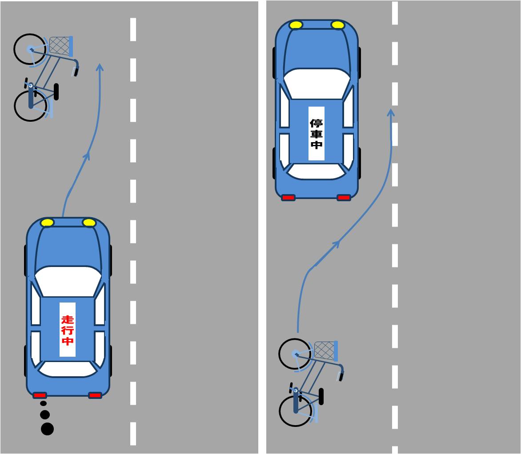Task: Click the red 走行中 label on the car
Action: pos(68,330)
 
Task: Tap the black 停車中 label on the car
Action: pos(317,134)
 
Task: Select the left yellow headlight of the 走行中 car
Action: pos(47,223)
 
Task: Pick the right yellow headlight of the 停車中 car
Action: pos(338,25)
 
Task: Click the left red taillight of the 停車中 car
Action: pos(288,198)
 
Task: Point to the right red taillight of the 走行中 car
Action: pos(95,395)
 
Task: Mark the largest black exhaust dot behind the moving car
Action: pos(47,429)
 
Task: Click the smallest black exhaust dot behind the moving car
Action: pos(43,403)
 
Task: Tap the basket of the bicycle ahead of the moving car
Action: pos(60,45)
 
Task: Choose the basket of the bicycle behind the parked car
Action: pos(325,350)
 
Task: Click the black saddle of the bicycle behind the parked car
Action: pos(321,396)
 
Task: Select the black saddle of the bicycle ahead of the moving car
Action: pos(56,92)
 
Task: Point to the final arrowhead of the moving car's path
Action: pos(100,68)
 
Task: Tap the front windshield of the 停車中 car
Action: pos(317,83)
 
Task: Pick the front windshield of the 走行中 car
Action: pos(68,281)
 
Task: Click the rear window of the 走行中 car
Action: pos(68,369)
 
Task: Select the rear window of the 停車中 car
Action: pos(316,171)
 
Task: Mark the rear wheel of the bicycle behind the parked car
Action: pos(296,411)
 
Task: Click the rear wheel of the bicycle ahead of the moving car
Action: pos(30,106)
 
